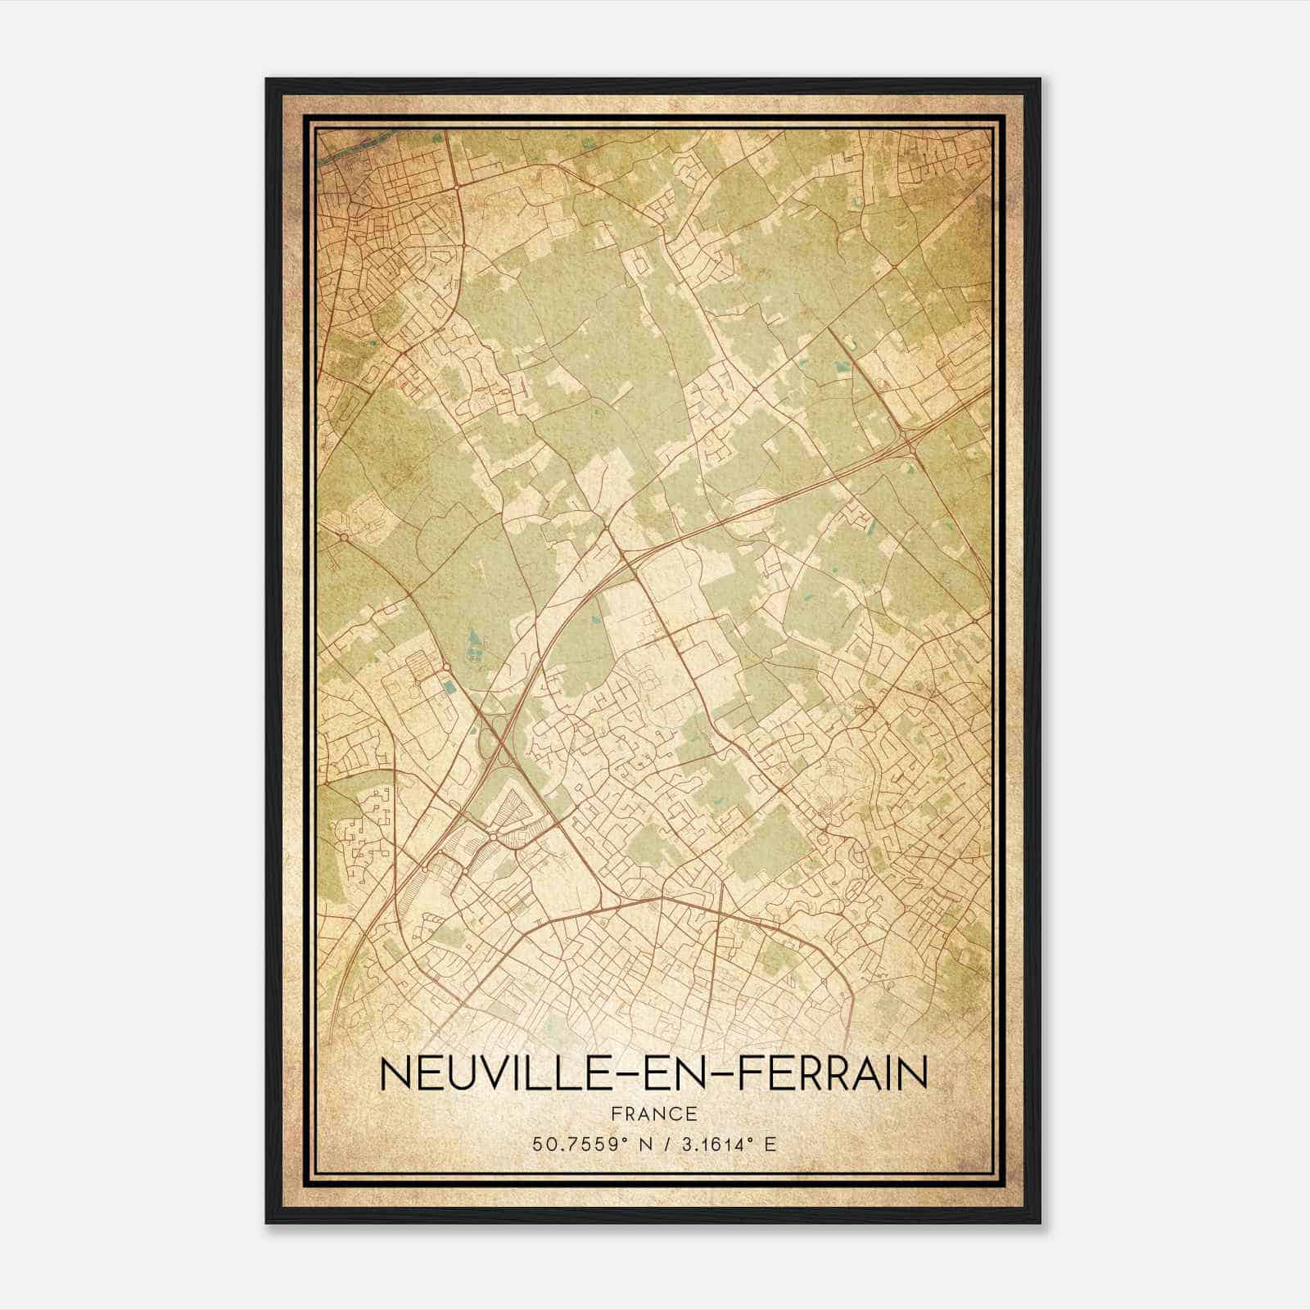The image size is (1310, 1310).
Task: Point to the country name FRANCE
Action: click(x=654, y=1113)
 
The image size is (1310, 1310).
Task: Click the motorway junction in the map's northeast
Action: click(x=910, y=442)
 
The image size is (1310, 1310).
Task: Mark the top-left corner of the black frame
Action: click(x=267, y=79)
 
